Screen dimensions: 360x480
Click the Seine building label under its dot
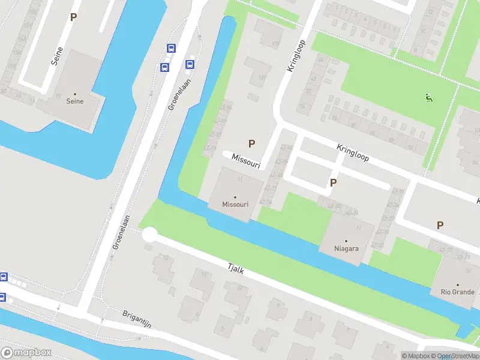point(75,101)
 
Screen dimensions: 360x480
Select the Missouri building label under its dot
point(235,205)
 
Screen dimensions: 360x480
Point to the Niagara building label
point(346,248)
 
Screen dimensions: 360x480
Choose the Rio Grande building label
point(457,293)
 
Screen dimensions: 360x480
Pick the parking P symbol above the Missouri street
point(251,144)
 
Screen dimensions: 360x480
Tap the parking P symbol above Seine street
point(73,17)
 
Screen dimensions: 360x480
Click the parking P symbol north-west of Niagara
point(333,183)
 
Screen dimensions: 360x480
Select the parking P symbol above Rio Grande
point(440,226)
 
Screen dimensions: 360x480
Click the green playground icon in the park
point(428,98)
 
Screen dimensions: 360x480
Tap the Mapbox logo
point(26,353)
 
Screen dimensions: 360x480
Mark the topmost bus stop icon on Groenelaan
point(171,49)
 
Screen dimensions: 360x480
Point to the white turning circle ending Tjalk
point(149,235)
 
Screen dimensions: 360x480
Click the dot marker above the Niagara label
point(346,241)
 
